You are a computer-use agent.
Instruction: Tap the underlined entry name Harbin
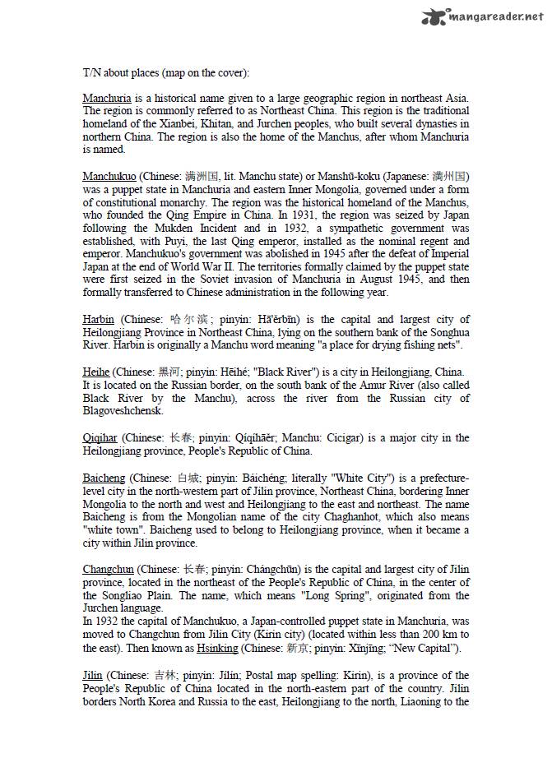[x=99, y=320]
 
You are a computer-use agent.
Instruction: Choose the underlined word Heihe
[x=96, y=372]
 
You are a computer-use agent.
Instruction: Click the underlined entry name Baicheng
[x=104, y=478]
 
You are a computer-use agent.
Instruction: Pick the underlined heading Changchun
[x=109, y=569]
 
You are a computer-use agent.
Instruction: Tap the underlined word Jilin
[x=92, y=675]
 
